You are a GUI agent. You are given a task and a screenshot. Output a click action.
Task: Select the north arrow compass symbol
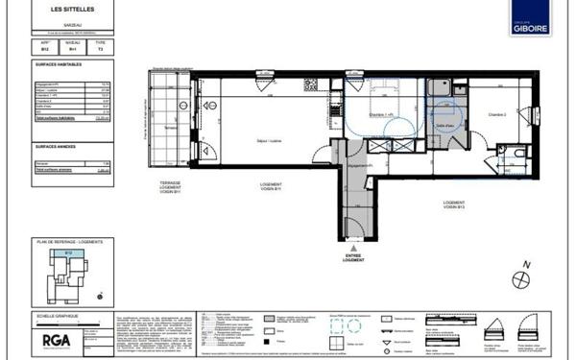point(521,278)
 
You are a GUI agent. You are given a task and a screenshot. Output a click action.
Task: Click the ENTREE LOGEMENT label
point(356,257)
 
